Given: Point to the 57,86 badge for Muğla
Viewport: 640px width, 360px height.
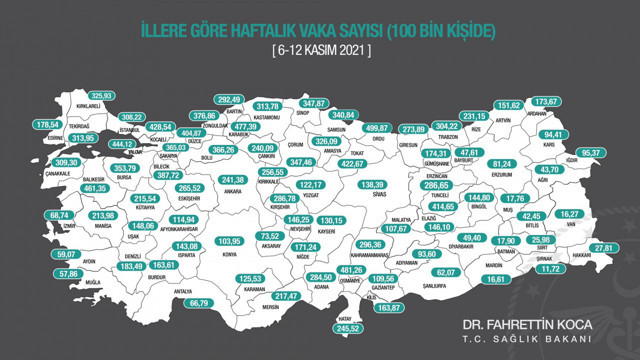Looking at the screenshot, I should coord(68,273).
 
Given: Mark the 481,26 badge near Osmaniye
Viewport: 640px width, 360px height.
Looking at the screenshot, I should coord(349,270).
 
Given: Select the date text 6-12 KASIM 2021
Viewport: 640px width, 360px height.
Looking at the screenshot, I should coord(320,49).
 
